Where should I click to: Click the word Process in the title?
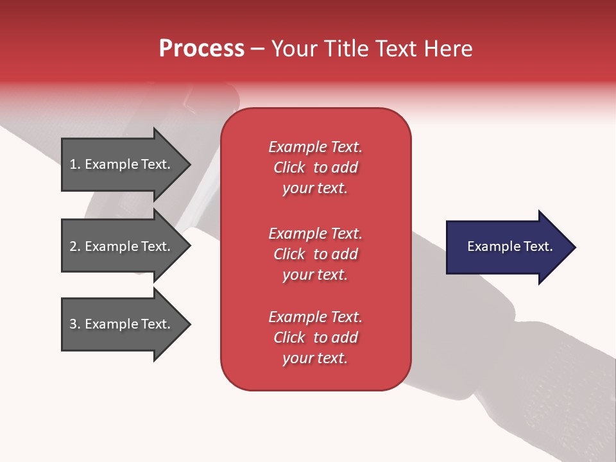click(201, 49)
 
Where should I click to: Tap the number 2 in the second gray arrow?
click(73, 246)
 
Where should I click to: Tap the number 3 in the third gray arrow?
click(73, 324)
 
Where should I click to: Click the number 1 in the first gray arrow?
click(73, 164)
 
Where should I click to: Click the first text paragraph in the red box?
click(315, 167)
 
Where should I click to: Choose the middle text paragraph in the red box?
click(315, 254)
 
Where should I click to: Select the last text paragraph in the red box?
click(315, 338)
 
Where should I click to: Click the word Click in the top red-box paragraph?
click(289, 167)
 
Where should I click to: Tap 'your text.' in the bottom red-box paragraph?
click(315, 358)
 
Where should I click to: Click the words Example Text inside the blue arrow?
click(510, 246)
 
